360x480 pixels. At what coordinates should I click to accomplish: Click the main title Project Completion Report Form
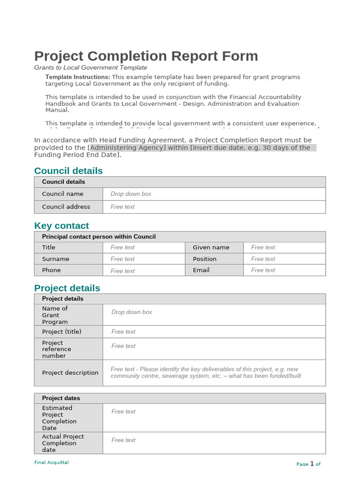pyautogui.click(x=146, y=56)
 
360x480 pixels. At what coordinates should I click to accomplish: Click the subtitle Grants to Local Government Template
pyautogui.click(x=90, y=67)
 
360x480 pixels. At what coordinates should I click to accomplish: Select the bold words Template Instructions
pyautogui.click(x=77, y=77)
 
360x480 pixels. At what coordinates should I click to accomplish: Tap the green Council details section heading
pyautogui.click(x=68, y=171)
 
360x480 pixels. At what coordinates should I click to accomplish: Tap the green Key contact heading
pyautogui.click(x=61, y=225)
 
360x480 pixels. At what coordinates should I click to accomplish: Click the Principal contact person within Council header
pyautogui.click(x=98, y=237)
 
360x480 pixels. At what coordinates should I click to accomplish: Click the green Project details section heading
pyautogui.click(x=67, y=288)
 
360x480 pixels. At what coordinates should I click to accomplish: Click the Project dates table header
pyautogui.click(x=61, y=398)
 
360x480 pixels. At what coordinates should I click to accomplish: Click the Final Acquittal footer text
pyautogui.click(x=52, y=463)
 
